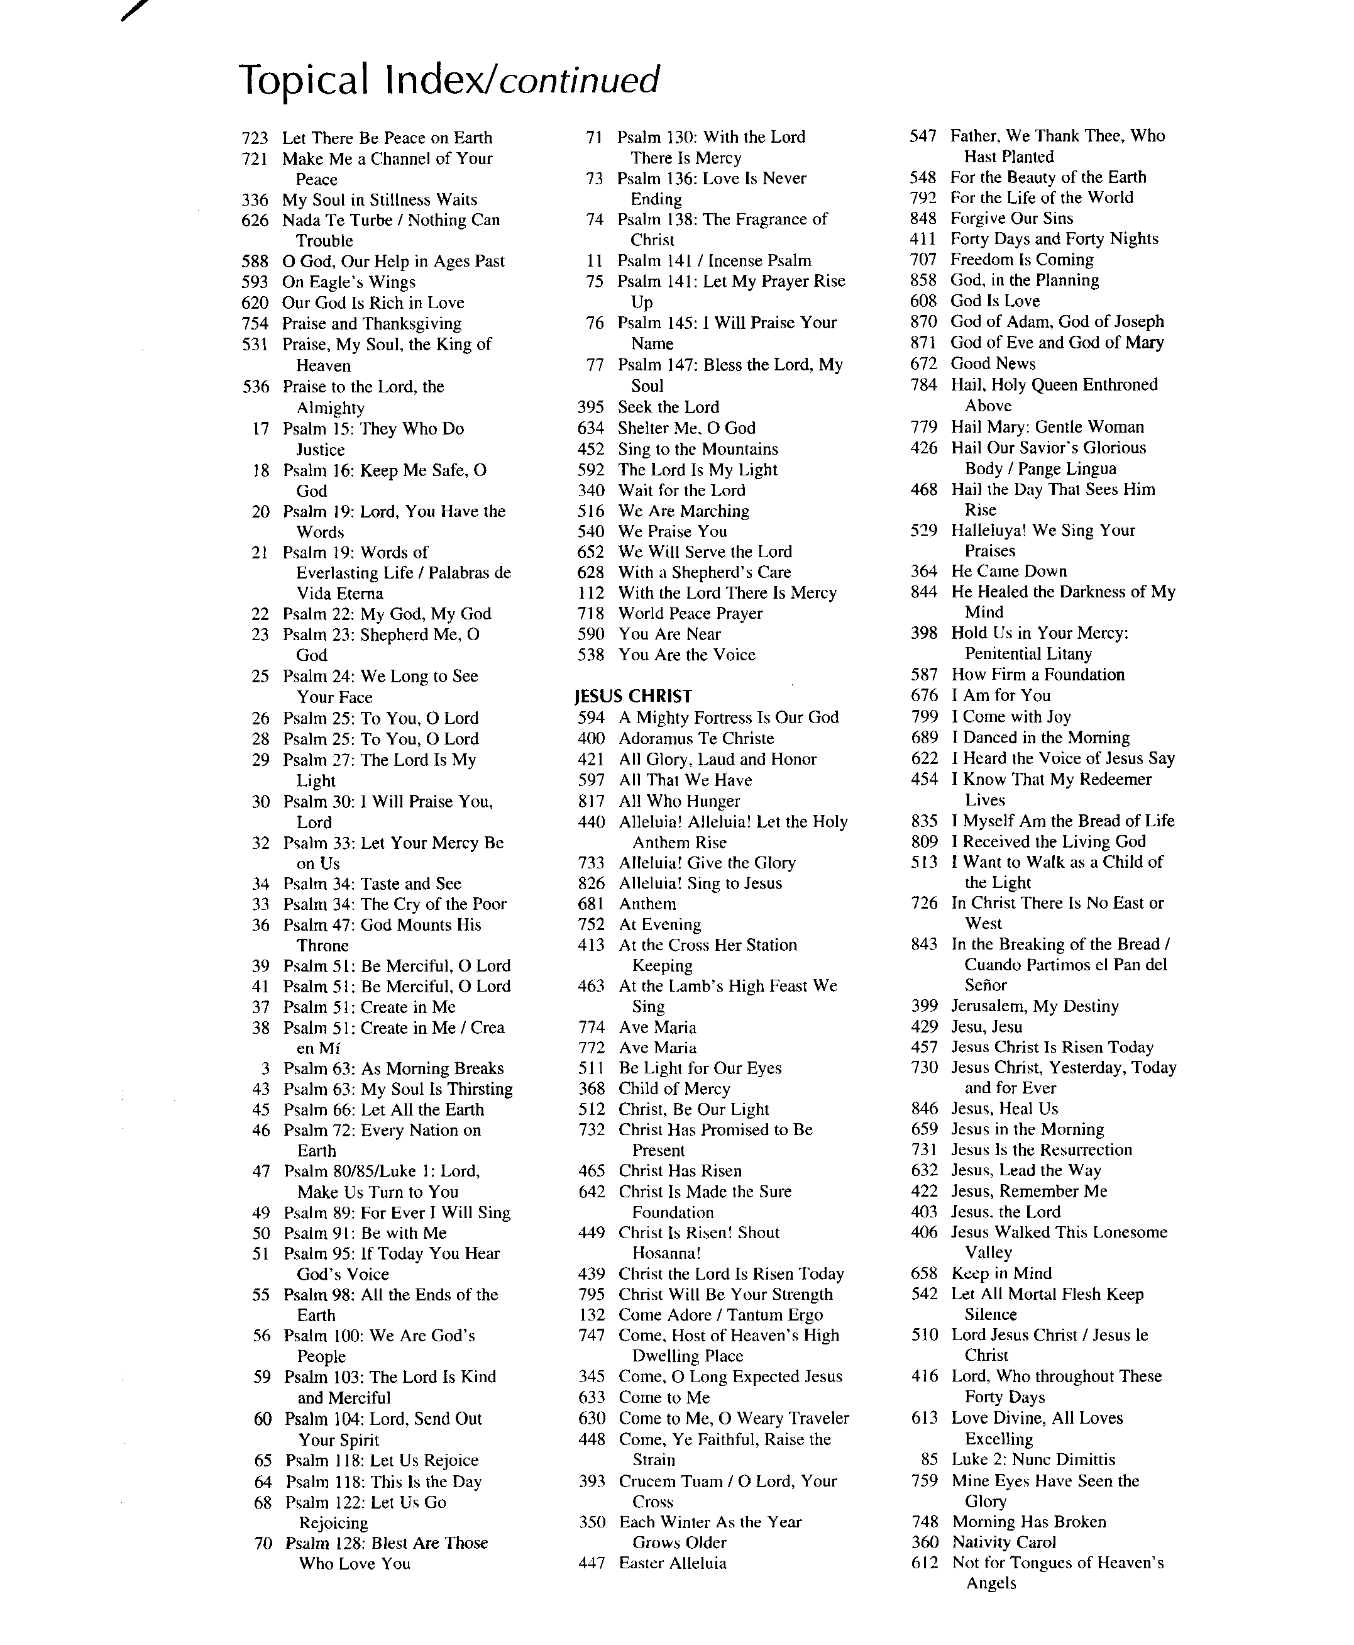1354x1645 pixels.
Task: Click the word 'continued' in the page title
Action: coord(579,80)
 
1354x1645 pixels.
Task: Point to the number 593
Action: coord(255,282)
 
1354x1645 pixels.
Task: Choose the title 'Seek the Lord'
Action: coord(668,407)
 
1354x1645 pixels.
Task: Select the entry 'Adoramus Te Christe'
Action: coord(696,738)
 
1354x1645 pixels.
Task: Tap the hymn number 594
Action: coord(592,718)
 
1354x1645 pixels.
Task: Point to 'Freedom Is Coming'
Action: coord(1021,259)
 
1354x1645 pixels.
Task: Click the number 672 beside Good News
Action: coord(923,363)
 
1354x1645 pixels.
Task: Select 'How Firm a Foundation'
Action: coord(1037,675)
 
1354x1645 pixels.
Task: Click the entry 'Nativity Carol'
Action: coord(1003,1542)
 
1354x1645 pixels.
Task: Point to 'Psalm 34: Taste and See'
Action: coord(372,883)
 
